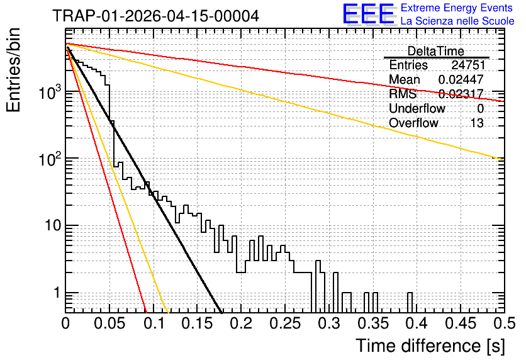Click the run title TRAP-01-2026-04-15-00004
click(x=155, y=16)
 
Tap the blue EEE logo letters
click(x=369, y=14)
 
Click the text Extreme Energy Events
click(x=457, y=8)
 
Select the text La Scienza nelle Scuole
click(x=457, y=21)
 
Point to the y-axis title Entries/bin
click(x=13, y=70)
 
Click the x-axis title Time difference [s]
click(x=430, y=346)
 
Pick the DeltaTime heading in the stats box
click(x=436, y=51)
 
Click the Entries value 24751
click(x=468, y=65)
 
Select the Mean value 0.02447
click(x=461, y=79)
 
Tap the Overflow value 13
click(x=477, y=123)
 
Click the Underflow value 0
click(x=480, y=109)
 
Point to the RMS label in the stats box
click(x=403, y=94)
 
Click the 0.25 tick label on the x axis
click(x=286, y=323)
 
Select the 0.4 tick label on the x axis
click(x=417, y=323)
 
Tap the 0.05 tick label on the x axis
click(x=109, y=323)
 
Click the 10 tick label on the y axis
click(x=53, y=225)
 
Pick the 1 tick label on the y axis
click(x=57, y=293)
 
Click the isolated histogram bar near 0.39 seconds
click(x=410, y=303)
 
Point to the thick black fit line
click(x=144, y=180)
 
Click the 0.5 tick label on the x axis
click(x=505, y=323)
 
